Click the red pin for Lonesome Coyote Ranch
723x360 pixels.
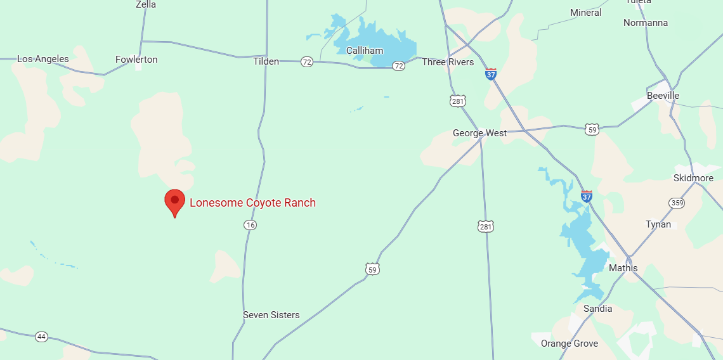(175, 201)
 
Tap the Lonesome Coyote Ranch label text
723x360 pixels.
(252, 203)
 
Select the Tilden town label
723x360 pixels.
(266, 61)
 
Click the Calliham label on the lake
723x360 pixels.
(365, 50)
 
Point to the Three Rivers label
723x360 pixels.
(448, 62)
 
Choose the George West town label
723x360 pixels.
(479, 133)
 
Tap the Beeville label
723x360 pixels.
(663, 96)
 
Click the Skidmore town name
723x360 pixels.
(693, 178)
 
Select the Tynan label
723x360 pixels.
(658, 224)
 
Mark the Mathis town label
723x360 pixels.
(623, 268)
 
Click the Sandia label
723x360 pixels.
(597, 309)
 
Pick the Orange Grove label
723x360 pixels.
(569, 344)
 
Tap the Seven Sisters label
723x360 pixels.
(271, 315)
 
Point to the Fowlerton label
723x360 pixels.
(136, 60)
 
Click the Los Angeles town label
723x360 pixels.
(42, 59)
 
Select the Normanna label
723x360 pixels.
(645, 23)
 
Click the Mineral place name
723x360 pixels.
(585, 13)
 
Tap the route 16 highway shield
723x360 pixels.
(251, 225)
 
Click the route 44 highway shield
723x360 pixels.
(41, 337)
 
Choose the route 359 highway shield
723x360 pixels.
(676, 203)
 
